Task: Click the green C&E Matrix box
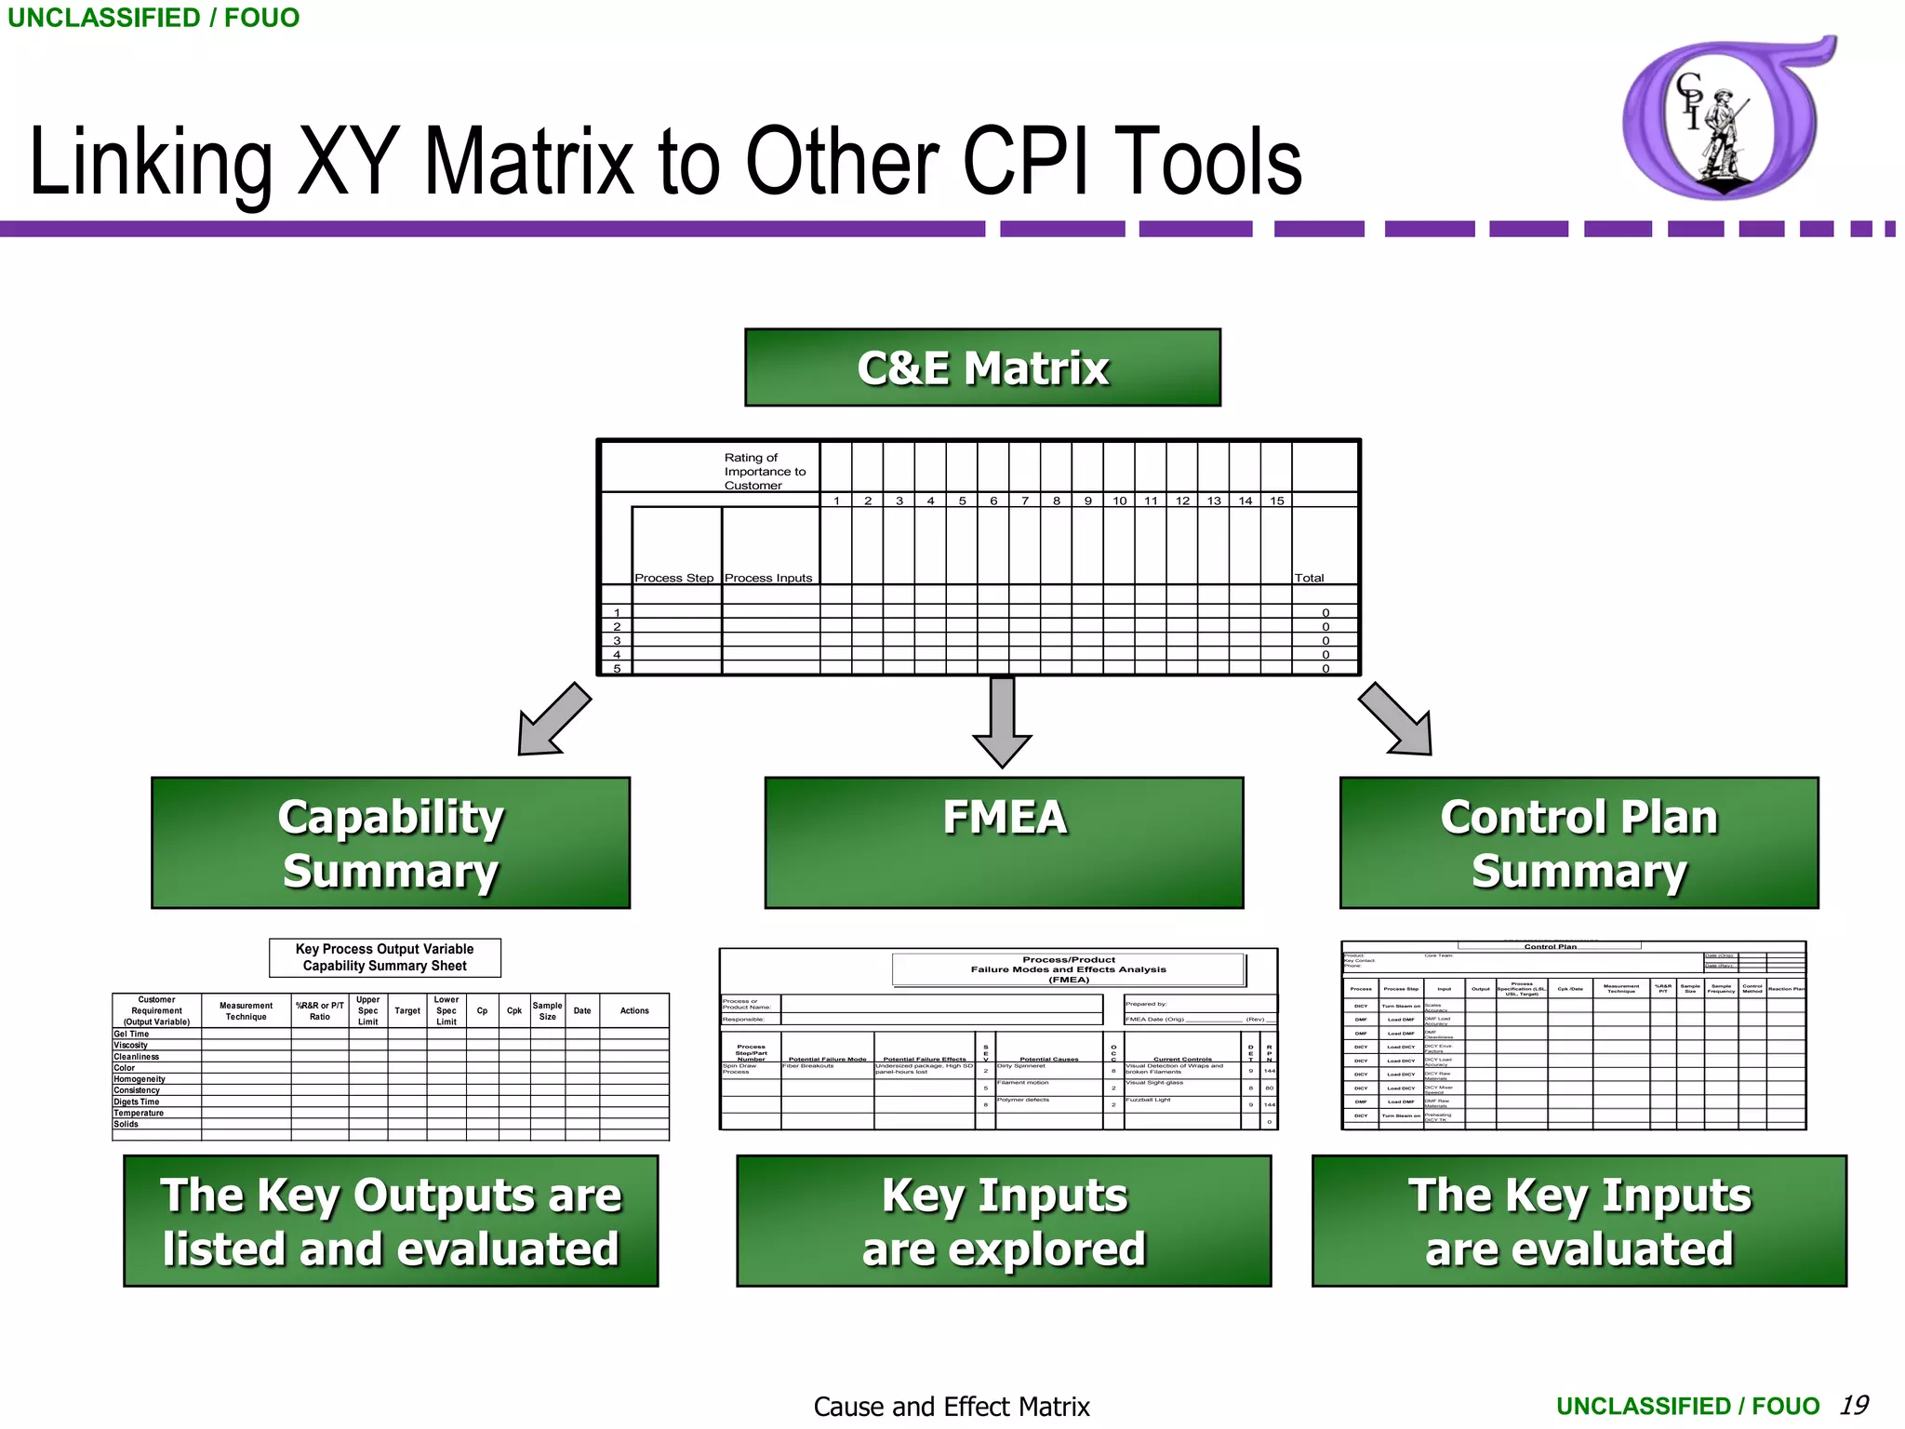click(982, 367)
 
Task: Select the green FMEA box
click(1004, 842)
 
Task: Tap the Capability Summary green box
click(391, 842)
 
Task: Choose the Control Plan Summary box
click(1579, 842)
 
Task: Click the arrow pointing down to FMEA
click(1002, 721)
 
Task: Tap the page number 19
click(1854, 1405)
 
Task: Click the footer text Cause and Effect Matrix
click(952, 1407)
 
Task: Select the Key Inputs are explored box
click(1004, 1221)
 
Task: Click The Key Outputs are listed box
click(391, 1221)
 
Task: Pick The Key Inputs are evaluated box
click(1579, 1221)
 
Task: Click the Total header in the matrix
click(1309, 578)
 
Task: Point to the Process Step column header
click(674, 578)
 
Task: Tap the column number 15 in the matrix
click(1277, 501)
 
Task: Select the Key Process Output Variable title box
click(385, 957)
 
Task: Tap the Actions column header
click(634, 1010)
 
